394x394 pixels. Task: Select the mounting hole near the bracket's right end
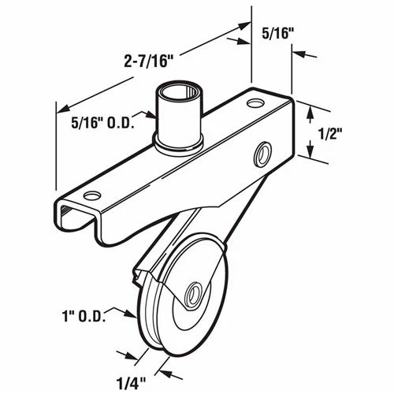pos(255,103)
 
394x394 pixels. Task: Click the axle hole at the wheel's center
pos(191,296)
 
